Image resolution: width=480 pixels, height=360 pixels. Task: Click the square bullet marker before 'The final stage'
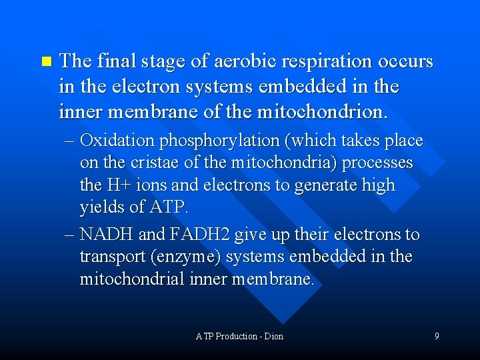point(45,62)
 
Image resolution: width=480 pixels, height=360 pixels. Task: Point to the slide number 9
point(437,336)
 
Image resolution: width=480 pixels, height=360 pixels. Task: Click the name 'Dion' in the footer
point(273,336)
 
